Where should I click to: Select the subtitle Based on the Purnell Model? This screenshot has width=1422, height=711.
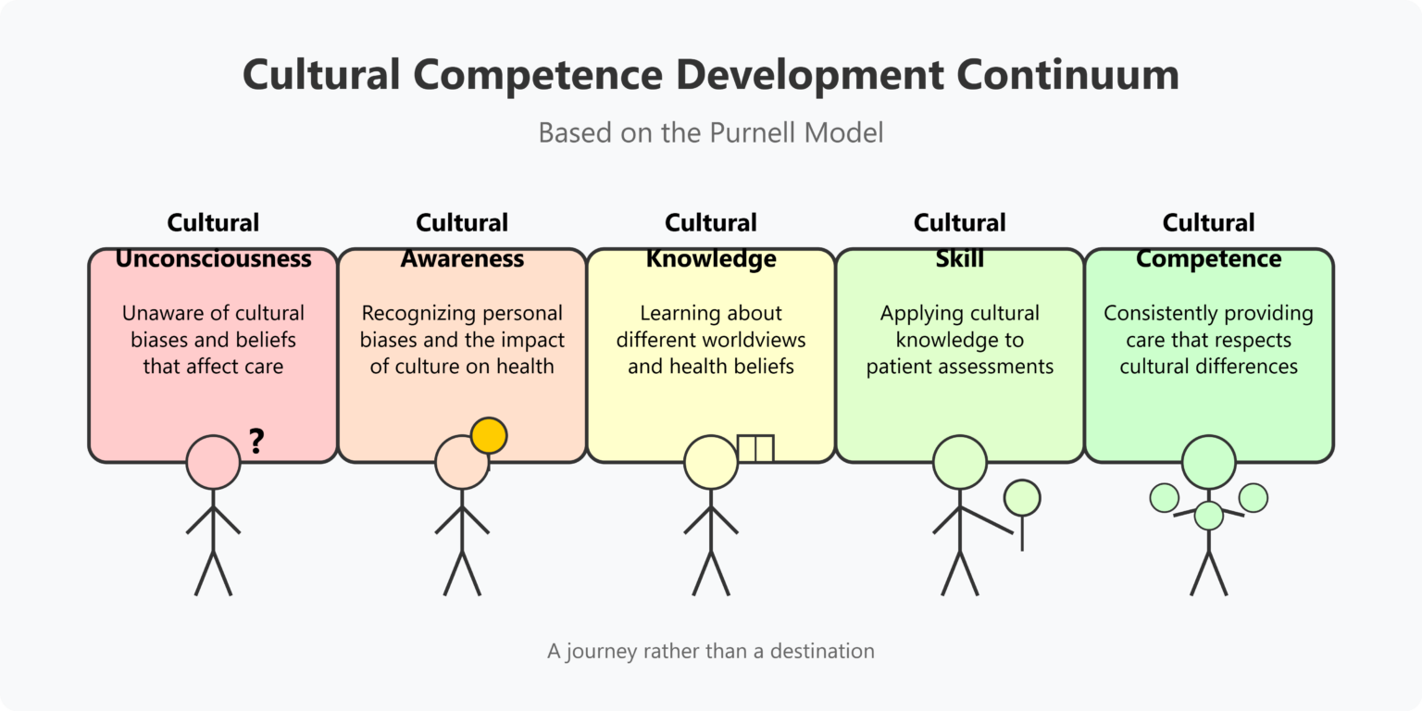point(711,132)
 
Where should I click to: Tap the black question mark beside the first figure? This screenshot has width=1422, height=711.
point(256,443)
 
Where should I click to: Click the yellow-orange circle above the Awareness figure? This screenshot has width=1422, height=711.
point(489,435)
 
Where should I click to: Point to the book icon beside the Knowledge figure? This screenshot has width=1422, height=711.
point(755,448)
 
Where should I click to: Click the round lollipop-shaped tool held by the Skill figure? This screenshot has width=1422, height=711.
point(1022,498)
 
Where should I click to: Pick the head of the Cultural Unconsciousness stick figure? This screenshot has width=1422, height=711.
point(213,462)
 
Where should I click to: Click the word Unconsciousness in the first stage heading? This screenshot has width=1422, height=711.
point(213,259)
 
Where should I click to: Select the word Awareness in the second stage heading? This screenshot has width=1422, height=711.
point(462,259)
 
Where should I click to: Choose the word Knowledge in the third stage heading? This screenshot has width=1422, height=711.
point(711,259)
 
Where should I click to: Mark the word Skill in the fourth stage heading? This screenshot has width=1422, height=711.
point(960,259)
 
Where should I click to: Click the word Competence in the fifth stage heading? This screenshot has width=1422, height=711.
point(1208,259)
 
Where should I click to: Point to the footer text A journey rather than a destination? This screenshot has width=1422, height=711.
point(711,651)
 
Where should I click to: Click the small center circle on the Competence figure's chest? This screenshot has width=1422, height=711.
point(1208,516)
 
